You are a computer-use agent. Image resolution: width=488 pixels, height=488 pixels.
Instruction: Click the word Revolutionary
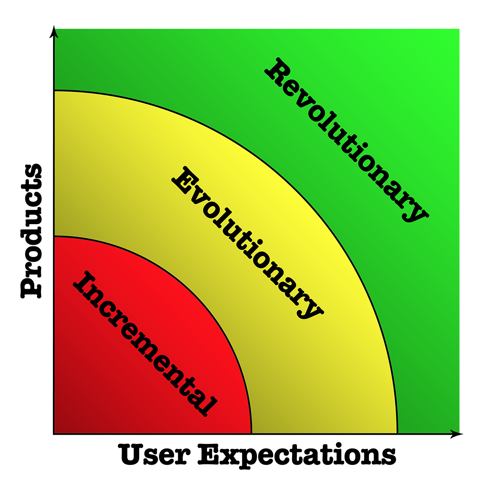click(346, 140)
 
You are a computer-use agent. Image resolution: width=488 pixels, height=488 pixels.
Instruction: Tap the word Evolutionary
click(247, 243)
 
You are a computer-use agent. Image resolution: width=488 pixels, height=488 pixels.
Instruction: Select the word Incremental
click(145, 344)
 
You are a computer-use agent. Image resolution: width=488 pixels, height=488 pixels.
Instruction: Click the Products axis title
click(31, 231)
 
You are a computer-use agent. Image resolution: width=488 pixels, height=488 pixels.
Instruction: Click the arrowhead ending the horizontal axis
click(456, 434)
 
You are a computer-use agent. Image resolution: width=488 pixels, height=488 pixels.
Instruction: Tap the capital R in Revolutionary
click(278, 72)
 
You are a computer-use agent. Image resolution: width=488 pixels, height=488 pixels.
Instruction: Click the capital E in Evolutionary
click(185, 180)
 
